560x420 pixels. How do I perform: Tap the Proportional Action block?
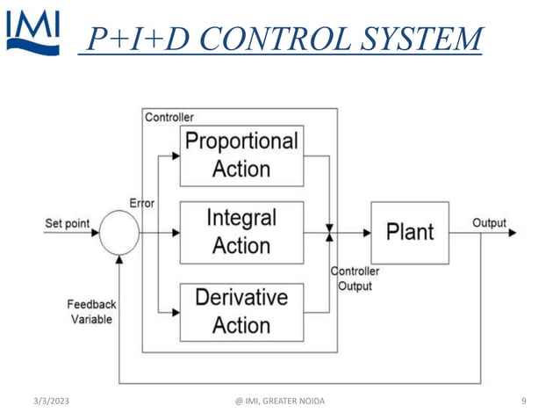(x=241, y=156)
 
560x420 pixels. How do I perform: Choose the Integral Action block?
(x=241, y=232)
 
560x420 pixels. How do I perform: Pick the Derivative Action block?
(x=241, y=312)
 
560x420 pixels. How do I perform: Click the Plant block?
(x=409, y=233)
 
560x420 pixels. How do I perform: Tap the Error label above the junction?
(x=141, y=203)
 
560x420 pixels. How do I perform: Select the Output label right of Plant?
(x=490, y=223)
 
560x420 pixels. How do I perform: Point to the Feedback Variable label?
(x=92, y=312)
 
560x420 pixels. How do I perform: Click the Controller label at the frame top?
(x=169, y=117)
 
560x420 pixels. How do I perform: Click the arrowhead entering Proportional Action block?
(x=176, y=156)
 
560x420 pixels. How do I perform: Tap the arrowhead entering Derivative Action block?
(x=176, y=311)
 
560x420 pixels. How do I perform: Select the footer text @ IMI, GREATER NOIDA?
(x=280, y=402)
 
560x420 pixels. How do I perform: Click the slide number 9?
(x=524, y=402)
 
